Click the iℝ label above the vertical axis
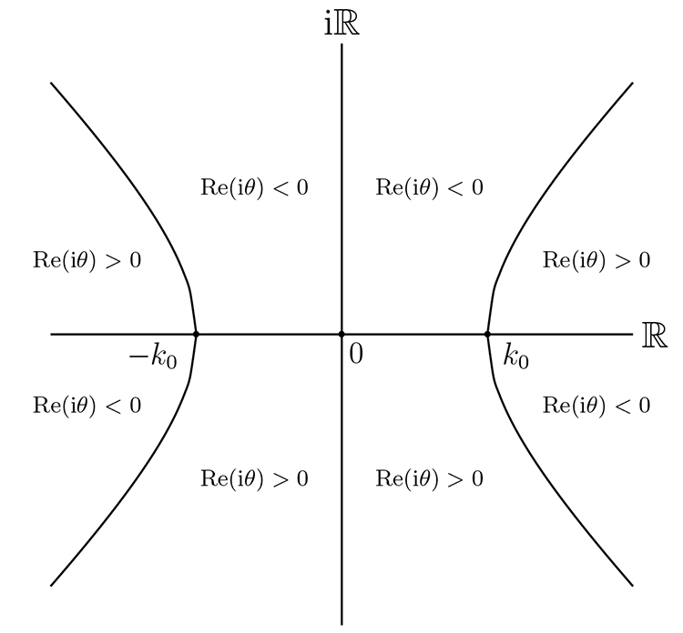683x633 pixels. [x=341, y=23]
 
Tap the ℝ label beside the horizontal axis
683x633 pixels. [x=655, y=335]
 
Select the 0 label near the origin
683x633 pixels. [x=355, y=354]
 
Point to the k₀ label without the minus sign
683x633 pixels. [x=515, y=357]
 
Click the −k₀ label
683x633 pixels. [x=153, y=357]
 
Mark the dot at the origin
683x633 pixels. [x=341, y=334]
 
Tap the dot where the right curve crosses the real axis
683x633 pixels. [x=487, y=334]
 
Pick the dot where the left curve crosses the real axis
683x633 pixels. [x=196, y=334]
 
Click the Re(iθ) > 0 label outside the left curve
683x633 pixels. [x=87, y=260]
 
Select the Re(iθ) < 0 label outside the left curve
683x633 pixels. [x=87, y=406]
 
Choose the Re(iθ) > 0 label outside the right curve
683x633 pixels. [x=596, y=260]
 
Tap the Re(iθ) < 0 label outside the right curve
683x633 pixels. [x=596, y=406]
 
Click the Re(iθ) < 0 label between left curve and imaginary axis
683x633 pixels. [x=254, y=188]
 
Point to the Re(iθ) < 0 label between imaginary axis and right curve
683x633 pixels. [x=429, y=188]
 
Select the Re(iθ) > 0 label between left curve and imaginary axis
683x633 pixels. [x=254, y=478]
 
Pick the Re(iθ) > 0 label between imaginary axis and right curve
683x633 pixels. [x=429, y=478]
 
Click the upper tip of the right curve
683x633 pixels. [x=632, y=84]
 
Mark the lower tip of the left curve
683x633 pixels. [x=51, y=585]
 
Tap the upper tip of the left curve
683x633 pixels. [x=51, y=84]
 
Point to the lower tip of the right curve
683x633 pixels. [x=632, y=585]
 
